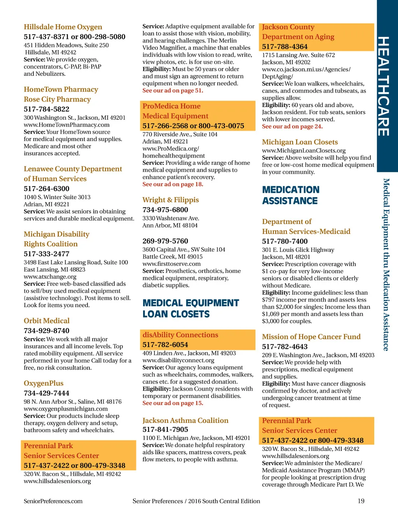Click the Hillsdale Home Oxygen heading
[x=63, y=27]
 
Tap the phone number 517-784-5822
[x=47, y=109]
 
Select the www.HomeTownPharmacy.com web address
[x=66, y=125]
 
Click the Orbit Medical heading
[x=47, y=321]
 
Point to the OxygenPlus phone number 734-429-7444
[x=47, y=393]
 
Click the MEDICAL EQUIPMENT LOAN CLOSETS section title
[x=190, y=308]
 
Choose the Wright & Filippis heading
[x=171, y=200]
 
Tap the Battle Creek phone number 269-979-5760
[x=165, y=241]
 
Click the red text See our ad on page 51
[x=173, y=91]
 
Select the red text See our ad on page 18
[x=173, y=184]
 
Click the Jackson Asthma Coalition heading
[x=185, y=420]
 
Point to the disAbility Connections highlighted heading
[x=180, y=335]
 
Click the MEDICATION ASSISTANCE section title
[x=291, y=195]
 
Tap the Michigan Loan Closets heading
[x=300, y=142]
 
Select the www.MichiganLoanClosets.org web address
[x=304, y=150]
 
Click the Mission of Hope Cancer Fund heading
[x=311, y=337]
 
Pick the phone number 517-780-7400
[x=285, y=241]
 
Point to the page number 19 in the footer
[x=361, y=501]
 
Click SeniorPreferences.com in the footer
[x=53, y=501]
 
